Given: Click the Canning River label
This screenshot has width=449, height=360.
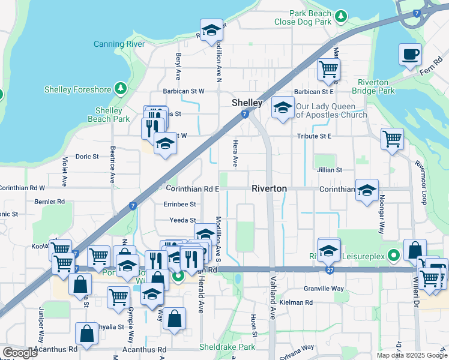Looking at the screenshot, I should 120,44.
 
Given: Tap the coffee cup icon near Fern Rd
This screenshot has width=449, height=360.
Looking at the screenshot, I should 410,55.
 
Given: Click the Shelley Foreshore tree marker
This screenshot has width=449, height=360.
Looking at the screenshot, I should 121,89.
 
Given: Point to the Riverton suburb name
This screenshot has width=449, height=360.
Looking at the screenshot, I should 269,188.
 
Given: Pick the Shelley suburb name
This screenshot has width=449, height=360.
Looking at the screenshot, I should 247,103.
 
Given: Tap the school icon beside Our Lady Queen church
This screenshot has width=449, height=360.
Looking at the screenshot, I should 282,108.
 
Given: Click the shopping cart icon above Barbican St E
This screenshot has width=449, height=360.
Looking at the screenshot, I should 328,69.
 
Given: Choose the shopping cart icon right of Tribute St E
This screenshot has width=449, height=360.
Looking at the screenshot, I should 392,138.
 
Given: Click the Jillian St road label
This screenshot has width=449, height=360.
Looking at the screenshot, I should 330,170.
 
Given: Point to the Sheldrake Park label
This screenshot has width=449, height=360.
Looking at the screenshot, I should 227,347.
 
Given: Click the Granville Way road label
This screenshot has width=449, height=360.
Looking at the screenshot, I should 324,289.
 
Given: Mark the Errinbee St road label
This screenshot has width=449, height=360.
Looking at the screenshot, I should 180,204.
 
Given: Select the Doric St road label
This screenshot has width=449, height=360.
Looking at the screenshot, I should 87,157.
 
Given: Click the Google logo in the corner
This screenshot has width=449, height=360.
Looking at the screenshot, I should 20,353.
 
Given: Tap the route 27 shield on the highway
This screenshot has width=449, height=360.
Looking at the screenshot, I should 330,271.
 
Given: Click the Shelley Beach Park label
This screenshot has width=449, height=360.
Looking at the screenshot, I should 113,115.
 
